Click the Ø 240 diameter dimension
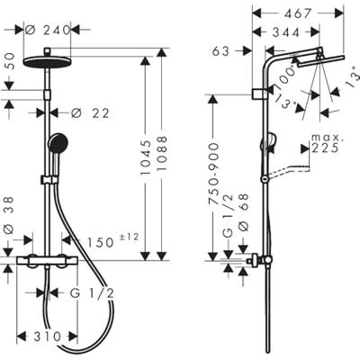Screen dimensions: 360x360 tap(46, 28)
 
